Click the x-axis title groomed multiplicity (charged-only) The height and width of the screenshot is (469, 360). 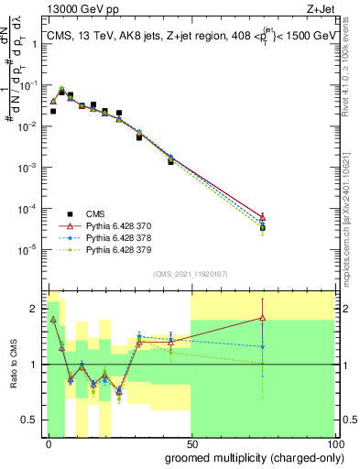(x=250, y=457)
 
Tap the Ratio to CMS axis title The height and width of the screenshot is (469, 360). (x=12, y=365)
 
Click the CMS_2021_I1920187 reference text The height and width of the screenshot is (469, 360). (x=190, y=274)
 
